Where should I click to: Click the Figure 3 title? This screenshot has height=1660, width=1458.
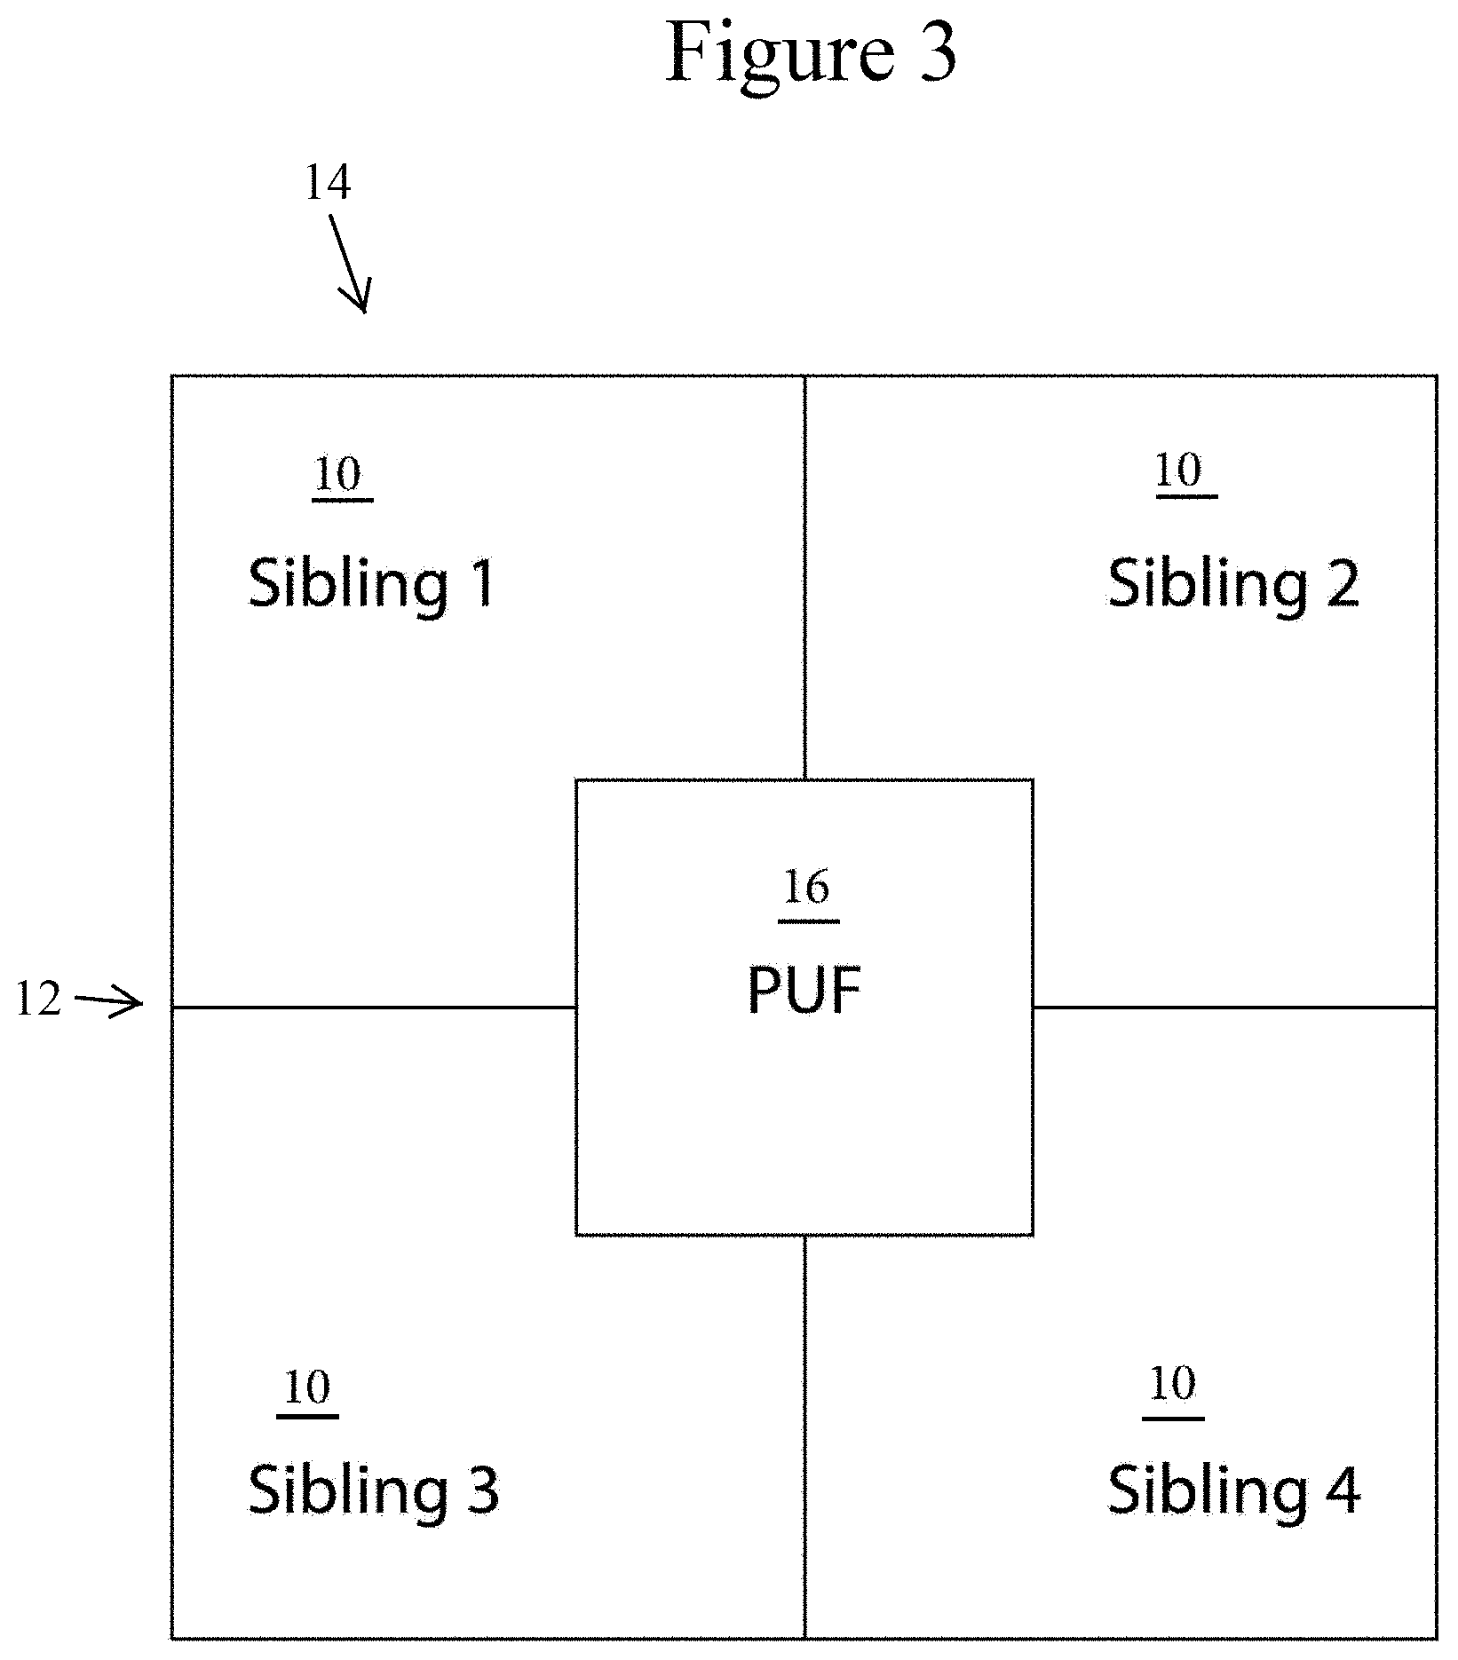point(811,53)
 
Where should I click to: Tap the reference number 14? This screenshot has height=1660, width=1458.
point(328,184)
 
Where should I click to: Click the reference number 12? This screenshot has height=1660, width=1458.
point(39,1000)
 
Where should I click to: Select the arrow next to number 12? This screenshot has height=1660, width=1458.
point(108,1002)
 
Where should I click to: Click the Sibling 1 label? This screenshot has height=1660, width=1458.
point(371,584)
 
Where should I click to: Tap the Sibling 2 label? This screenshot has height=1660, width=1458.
point(1233,584)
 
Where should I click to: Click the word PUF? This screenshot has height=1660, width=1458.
point(804,990)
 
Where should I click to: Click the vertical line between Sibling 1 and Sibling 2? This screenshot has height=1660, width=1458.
point(804,578)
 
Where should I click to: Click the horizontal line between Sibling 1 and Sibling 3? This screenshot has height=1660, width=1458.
point(374,1008)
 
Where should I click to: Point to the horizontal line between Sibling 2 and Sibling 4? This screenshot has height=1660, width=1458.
point(1234,1008)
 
